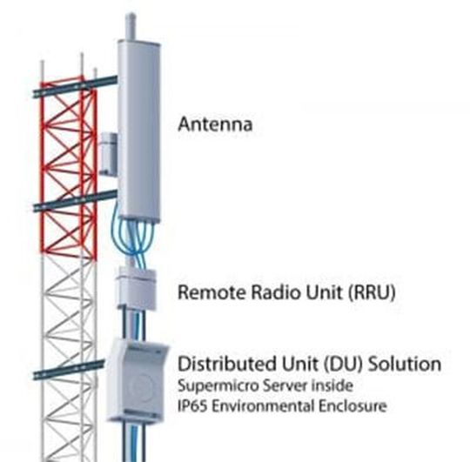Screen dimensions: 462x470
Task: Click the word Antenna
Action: click(x=215, y=124)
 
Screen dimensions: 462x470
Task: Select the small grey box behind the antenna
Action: click(x=108, y=153)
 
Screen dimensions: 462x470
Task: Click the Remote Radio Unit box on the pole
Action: click(x=137, y=287)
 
